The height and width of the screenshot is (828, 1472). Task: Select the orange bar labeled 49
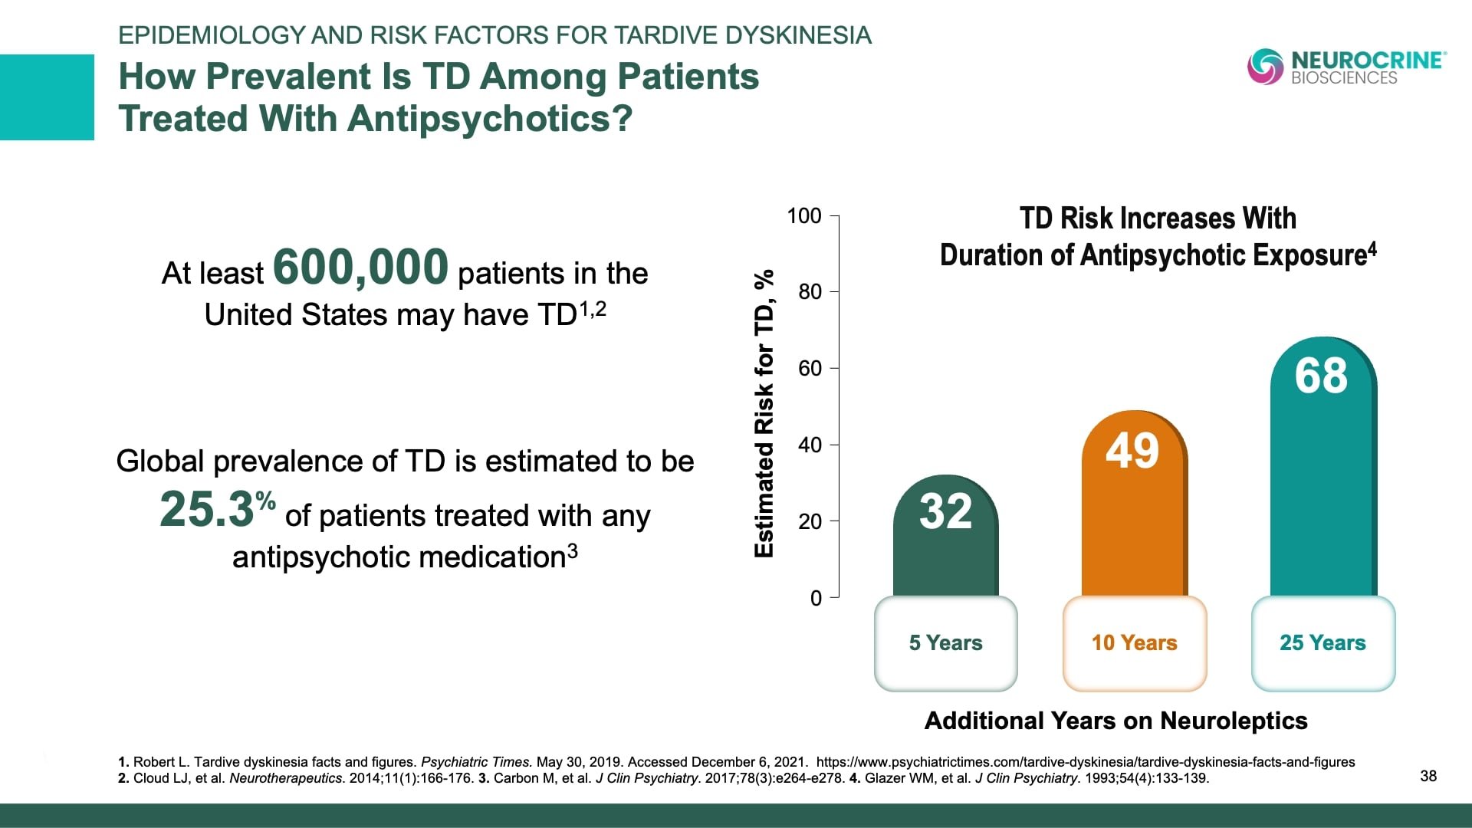coord(1133,506)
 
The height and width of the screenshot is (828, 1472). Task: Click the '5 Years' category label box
coord(945,643)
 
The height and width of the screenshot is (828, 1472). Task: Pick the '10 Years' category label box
coord(1134,643)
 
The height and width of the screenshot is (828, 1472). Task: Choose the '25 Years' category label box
coord(1322,643)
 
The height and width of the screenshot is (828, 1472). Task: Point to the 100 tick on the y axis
coord(804,216)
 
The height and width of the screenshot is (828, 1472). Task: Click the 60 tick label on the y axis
coord(810,369)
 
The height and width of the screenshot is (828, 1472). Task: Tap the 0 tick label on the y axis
coord(816,598)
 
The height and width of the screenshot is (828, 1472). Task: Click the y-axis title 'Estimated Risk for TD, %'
coord(764,414)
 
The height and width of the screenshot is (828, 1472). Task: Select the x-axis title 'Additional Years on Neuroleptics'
coord(1115,721)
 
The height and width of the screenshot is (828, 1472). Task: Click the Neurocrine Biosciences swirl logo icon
coord(1265,67)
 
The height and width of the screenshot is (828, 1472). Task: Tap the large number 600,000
coord(360,267)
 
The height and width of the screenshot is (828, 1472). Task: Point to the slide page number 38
coord(1428,776)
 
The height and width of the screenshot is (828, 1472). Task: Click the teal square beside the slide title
coord(47,97)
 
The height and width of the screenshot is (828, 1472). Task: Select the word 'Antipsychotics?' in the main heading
coord(490,119)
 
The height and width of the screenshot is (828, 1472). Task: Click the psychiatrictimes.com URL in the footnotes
coord(1085,762)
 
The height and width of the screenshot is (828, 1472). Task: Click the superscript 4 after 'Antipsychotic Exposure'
coord(1372,248)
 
